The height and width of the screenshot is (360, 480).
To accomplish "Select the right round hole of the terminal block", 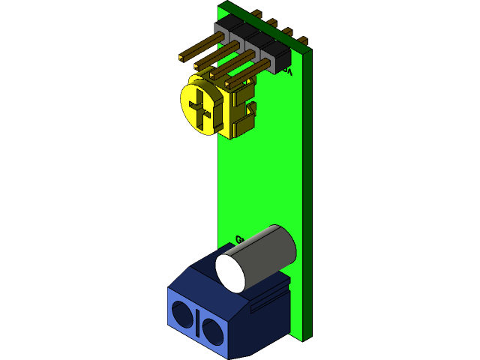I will pyautogui.click(x=211, y=330).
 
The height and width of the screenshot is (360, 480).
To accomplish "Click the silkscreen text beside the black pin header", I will pyautogui.click(x=288, y=73).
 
